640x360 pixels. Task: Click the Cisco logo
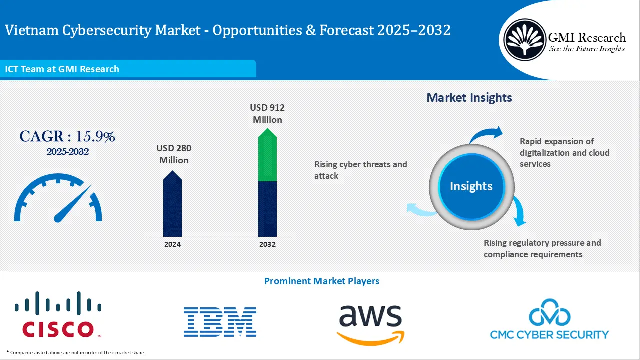pos(58,315)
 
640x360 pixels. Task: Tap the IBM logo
pos(220,322)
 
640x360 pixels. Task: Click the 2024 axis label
pos(172,244)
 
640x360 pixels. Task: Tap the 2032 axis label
pos(267,244)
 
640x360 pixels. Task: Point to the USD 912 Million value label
pos(267,114)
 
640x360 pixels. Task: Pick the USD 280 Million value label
pos(174,154)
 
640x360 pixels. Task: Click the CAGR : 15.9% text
pos(67,136)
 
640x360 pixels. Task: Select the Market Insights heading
pos(469,98)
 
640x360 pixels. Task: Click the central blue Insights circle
pos(471,186)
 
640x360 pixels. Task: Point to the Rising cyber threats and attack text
pos(360,170)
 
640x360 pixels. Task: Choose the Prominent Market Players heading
pos(321,281)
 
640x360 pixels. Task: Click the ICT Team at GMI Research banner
pos(62,69)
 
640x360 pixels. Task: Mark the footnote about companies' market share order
pos(75,352)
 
